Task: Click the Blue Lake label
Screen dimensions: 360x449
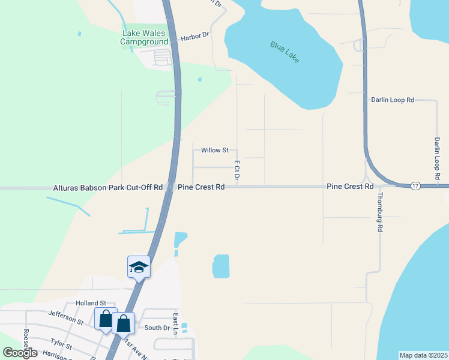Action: pyautogui.click(x=285, y=53)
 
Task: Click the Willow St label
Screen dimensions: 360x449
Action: pyautogui.click(x=215, y=150)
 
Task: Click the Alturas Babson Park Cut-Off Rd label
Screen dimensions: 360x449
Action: pyautogui.click(x=108, y=187)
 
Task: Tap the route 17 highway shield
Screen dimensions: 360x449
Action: pyautogui.click(x=415, y=187)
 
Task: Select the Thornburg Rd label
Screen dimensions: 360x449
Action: pyautogui.click(x=379, y=213)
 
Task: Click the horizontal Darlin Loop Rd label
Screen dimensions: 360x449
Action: pyautogui.click(x=393, y=100)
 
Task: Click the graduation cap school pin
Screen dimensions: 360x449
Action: pyautogui.click(x=139, y=267)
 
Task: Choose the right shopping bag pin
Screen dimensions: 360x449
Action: pyautogui.click(x=123, y=323)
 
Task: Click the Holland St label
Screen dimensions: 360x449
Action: pyautogui.click(x=91, y=304)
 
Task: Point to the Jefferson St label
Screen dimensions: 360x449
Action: pyautogui.click(x=66, y=316)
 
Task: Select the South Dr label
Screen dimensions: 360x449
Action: pyautogui.click(x=157, y=328)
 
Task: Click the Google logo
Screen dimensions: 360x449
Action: pyautogui.click(x=20, y=352)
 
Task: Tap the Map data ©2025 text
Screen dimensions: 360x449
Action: pyautogui.click(x=423, y=355)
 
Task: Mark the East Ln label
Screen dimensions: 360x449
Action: pyautogui.click(x=176, y=324)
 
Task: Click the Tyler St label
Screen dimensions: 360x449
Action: pyautogui.click(x=62, y=346)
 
